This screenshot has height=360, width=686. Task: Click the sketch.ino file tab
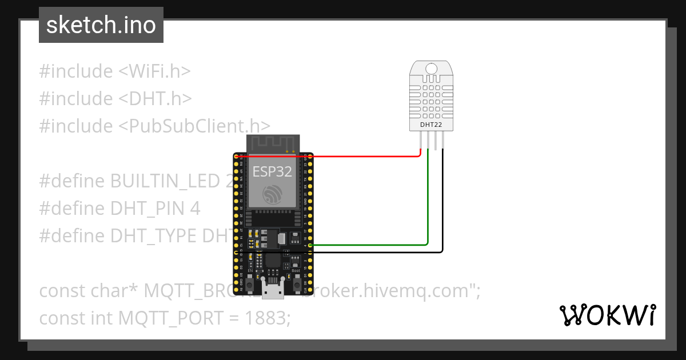(x=101, y=25)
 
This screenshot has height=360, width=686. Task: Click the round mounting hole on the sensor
(x=431, y=69)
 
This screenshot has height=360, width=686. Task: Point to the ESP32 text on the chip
(x=272, y=171)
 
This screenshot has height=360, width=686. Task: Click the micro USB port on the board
(x=273, y=290)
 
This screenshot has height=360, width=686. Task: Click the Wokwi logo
(x=607, y=315)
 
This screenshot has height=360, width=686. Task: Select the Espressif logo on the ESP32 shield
(x=273, y=194)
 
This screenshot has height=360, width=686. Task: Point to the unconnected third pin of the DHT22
(x=435, y=141)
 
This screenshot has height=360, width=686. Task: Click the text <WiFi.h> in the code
(x=154, y=71)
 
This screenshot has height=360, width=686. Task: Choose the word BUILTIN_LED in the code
(x=165, y=181)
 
